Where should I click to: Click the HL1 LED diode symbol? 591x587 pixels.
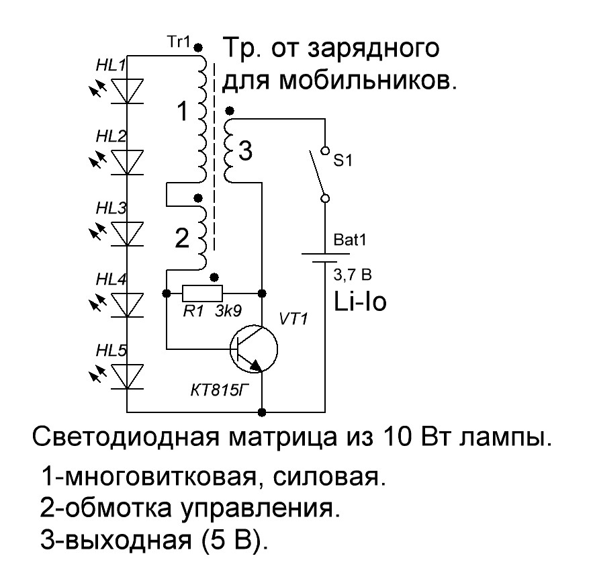(x=128, y=91)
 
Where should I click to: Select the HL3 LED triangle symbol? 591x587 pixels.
(x=128, y=234)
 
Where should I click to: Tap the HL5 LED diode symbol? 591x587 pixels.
(x=128, y=376)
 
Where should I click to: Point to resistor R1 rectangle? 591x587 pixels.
(x=202, y=293)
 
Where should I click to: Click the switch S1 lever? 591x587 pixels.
(x=316, y=173)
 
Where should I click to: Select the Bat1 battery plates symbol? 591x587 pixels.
(x=325, y=258)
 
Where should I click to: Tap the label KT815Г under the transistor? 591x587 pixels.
(x=220, y=391)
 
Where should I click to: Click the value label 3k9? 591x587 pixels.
(x=228, y=311)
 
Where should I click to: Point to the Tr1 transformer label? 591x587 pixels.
(x=179, y=42)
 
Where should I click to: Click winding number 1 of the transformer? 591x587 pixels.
(x=183, y=111)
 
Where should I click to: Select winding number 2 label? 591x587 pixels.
(x=182, y=238)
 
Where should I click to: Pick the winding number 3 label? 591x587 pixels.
(x=245, y=151)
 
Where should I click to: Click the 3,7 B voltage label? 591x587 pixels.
(x=353, y=275)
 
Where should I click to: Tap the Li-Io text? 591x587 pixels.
(x=360, y=302)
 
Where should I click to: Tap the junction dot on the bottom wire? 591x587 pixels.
(x=262, y=412)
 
